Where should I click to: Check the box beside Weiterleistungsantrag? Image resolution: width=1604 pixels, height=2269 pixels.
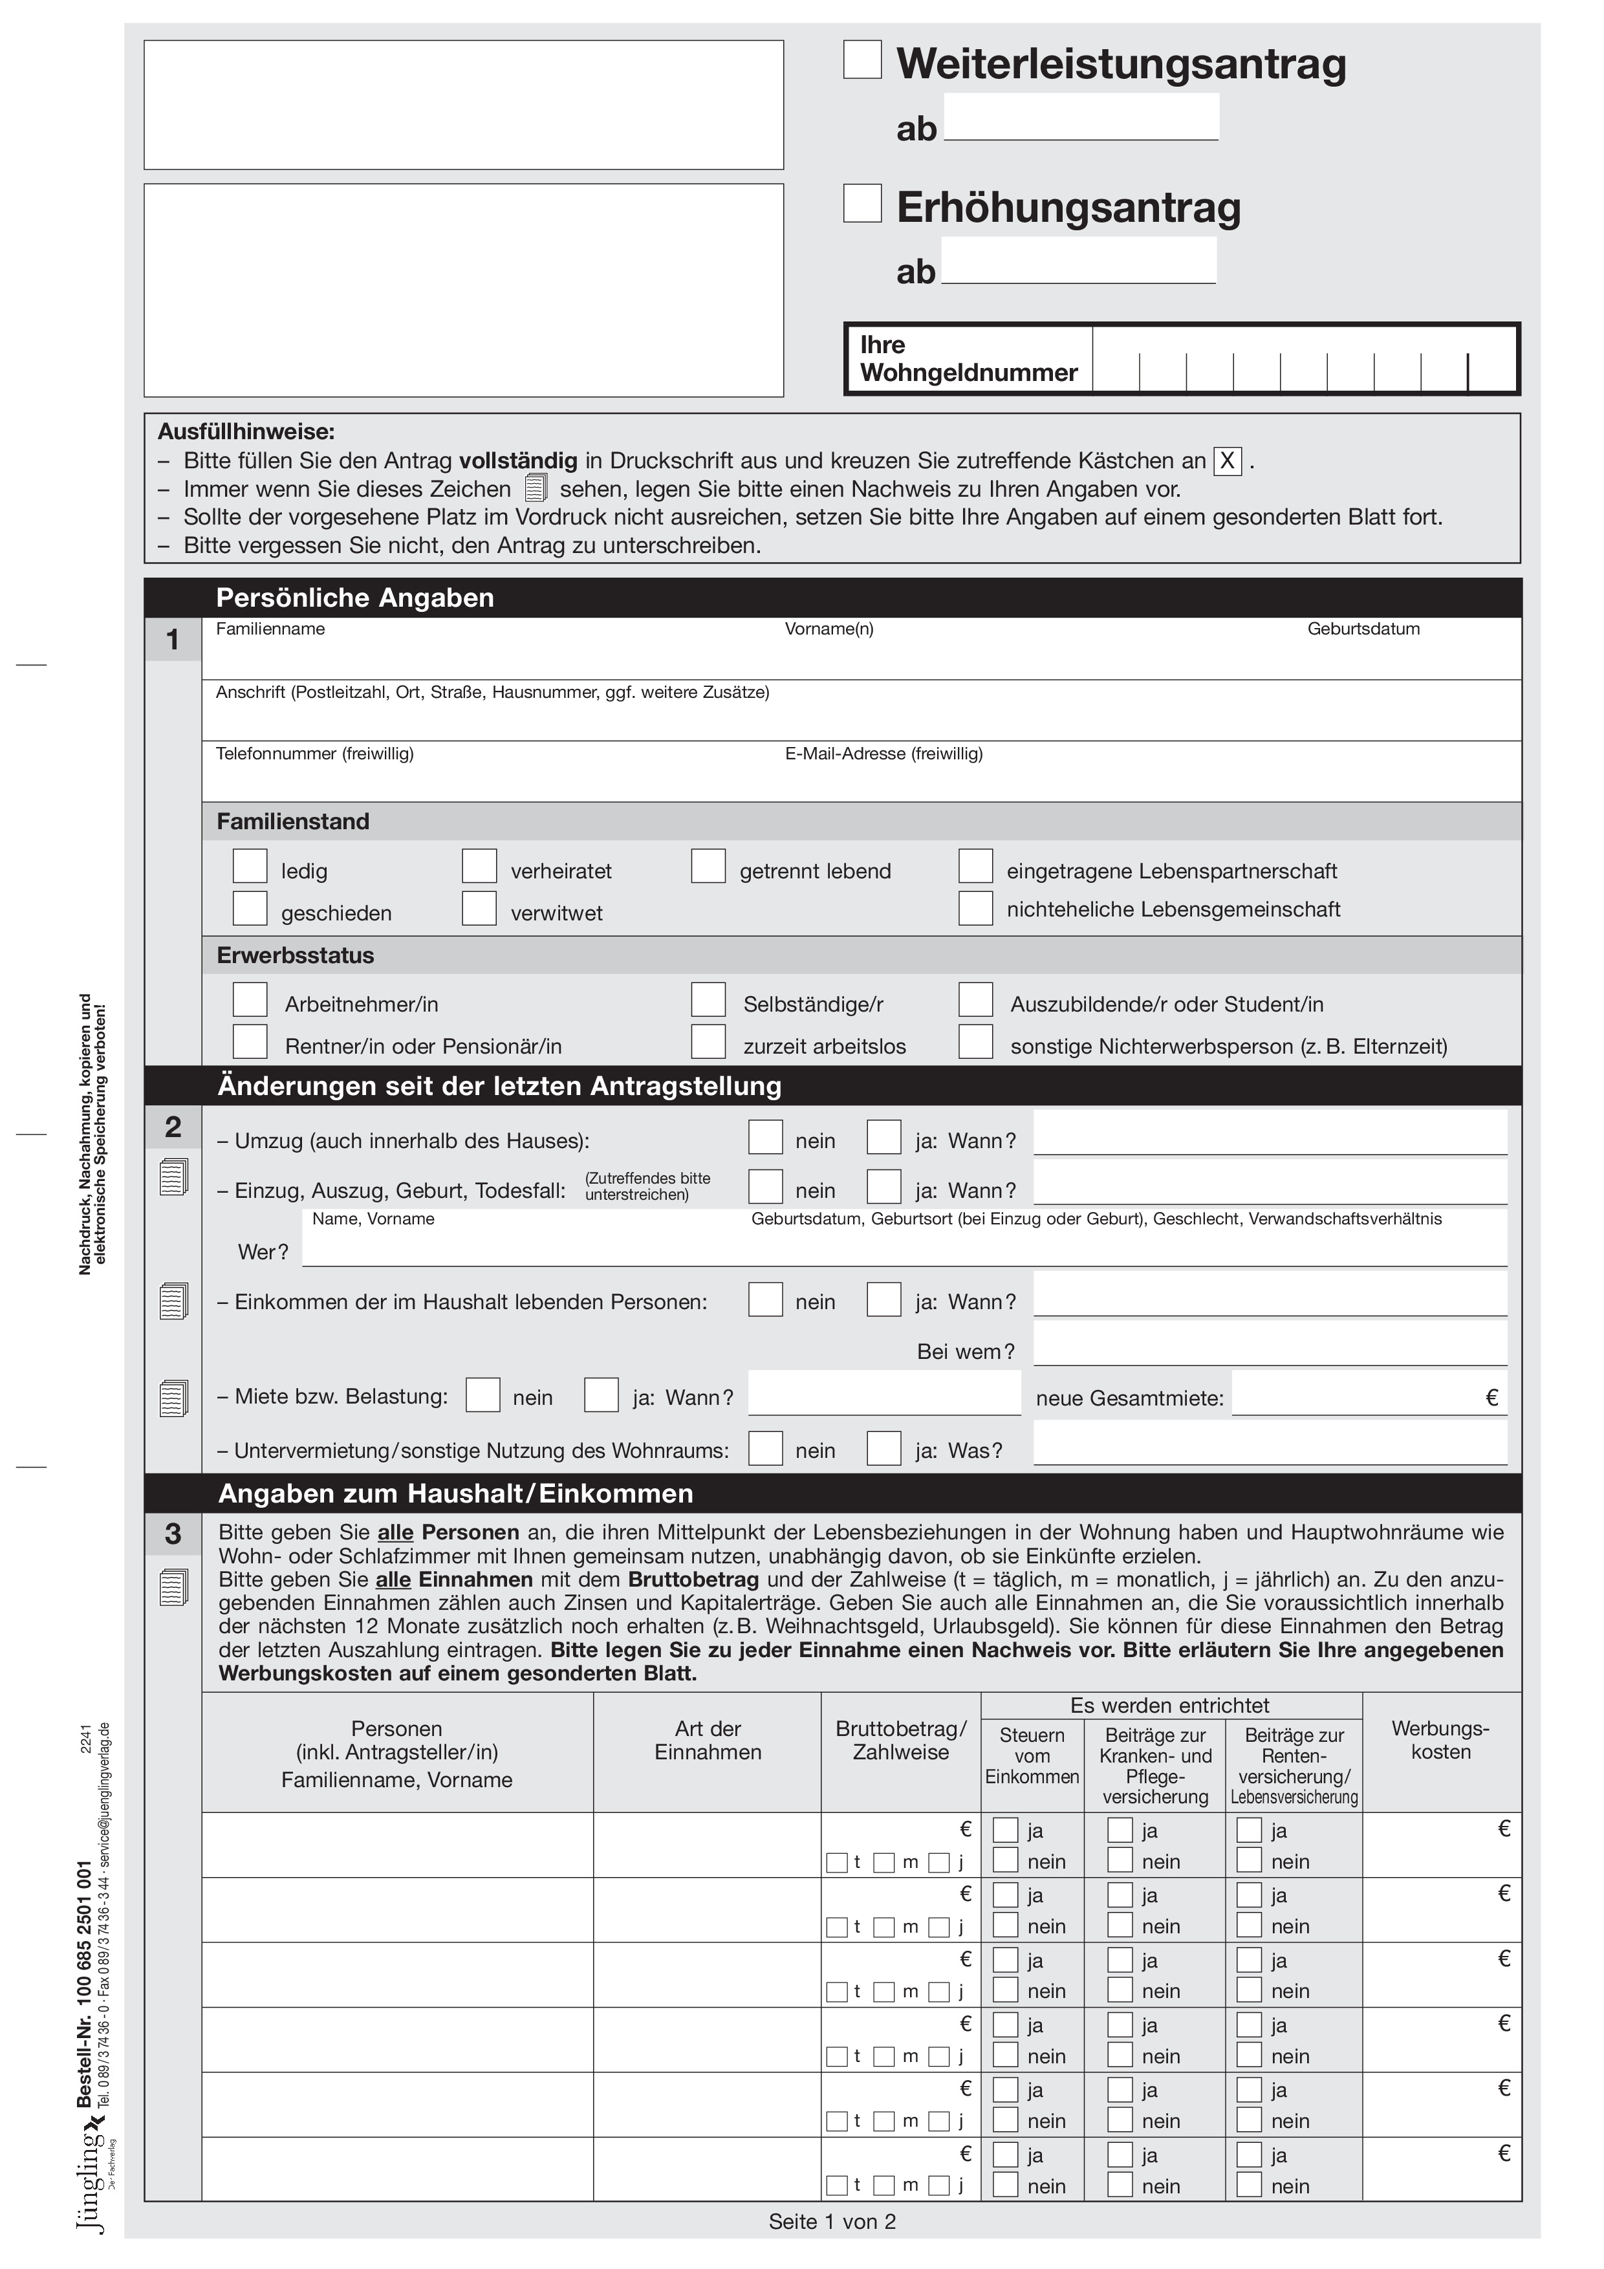coord(862,60)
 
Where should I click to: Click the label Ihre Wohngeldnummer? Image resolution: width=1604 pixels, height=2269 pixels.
coord(968,359)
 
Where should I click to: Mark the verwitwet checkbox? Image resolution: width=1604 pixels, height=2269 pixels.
coord(479,908)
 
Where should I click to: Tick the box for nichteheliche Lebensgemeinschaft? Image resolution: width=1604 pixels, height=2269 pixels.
coord(975,908)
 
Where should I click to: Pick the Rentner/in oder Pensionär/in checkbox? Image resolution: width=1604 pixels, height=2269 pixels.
coord(250,1041)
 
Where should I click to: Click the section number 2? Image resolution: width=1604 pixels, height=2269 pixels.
coord(173,1127)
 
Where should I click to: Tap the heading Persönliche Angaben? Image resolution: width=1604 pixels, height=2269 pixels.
coord(355,598)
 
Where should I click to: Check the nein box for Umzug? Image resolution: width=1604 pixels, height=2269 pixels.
coord(766,1138)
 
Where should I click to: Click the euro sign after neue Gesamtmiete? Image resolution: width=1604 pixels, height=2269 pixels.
coord(1491,1397)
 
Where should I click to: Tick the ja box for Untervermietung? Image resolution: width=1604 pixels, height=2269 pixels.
coord(885,1449)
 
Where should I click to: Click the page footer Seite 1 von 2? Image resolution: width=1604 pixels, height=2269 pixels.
coord(832,2222)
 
